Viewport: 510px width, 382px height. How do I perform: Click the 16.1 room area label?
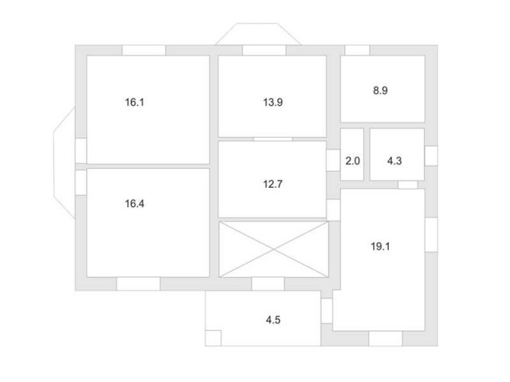point(135,103)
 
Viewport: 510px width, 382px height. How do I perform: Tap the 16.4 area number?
point(135,204)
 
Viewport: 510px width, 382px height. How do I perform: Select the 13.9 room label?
point(273,103)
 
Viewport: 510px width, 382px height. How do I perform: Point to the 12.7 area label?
point(273,184)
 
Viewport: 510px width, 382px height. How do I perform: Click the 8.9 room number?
point(380,90)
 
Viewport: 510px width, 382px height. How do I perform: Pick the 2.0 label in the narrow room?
point(352,161)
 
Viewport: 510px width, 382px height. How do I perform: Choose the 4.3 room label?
point(394,161)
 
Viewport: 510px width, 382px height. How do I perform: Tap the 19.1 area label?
point(380,246)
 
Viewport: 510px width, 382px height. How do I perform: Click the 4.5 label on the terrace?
point(273,320)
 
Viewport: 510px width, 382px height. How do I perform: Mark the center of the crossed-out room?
point(273,249)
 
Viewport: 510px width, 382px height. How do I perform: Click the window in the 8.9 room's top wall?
point(357,50)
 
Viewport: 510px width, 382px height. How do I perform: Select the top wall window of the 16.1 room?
point(143,50)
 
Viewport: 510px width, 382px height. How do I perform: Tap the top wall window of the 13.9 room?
point(264,50)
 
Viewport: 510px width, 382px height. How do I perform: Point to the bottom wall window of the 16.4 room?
point(138,284)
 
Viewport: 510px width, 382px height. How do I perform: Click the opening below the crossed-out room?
point(268,284)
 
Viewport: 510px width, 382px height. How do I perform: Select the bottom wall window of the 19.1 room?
point(386,338)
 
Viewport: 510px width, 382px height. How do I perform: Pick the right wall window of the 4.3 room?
point(431,156)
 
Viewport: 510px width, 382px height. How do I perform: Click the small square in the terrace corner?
point(214,338)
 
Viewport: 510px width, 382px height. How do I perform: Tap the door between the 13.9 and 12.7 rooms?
point(273,139)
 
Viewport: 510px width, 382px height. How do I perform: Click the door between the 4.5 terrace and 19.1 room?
point(327,311)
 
